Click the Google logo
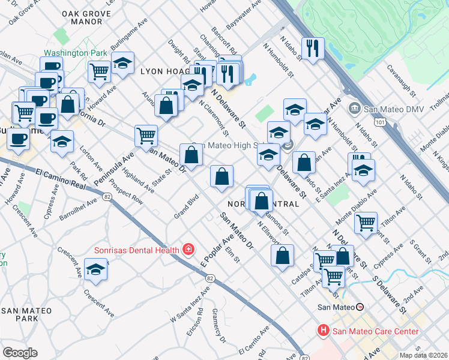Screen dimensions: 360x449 19,353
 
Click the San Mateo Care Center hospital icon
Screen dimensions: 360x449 323,331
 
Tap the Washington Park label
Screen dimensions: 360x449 75,53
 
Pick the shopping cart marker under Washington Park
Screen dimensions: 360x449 99,71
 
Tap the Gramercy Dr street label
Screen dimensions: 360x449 219,326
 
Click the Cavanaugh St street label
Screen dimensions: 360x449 402,82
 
